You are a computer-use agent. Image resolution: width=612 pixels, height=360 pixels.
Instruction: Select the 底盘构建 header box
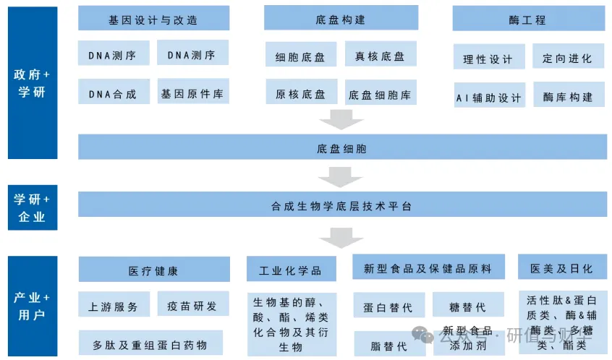tap(340, 18)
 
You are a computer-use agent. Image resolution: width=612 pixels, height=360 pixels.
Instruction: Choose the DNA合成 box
tap(114, 93)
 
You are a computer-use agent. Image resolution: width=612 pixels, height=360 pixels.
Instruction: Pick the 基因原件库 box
tap(192, 93)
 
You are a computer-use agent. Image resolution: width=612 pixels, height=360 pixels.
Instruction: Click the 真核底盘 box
tap(381, 56)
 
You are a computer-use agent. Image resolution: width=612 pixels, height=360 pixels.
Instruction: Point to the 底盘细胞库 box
tap(381, 94)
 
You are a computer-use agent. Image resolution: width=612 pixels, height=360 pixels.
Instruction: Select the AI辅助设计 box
tap(489, 96)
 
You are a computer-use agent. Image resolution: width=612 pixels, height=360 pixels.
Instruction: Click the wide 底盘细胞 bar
tap(341, 148)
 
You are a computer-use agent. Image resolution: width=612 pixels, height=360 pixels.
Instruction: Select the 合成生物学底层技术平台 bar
tap(341, 205)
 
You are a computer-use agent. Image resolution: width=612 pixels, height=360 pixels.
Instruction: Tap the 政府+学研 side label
tap(33, 83)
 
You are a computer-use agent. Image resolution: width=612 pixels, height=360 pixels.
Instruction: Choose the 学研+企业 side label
tap(33, 207)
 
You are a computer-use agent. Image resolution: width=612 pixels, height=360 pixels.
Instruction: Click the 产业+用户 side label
tap(33, 306)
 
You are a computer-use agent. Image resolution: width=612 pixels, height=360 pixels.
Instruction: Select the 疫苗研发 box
tap(192, 306)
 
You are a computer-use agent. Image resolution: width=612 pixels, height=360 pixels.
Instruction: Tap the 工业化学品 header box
tap(291, 270)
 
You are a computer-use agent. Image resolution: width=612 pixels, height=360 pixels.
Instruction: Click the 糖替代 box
tap(468, 307)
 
